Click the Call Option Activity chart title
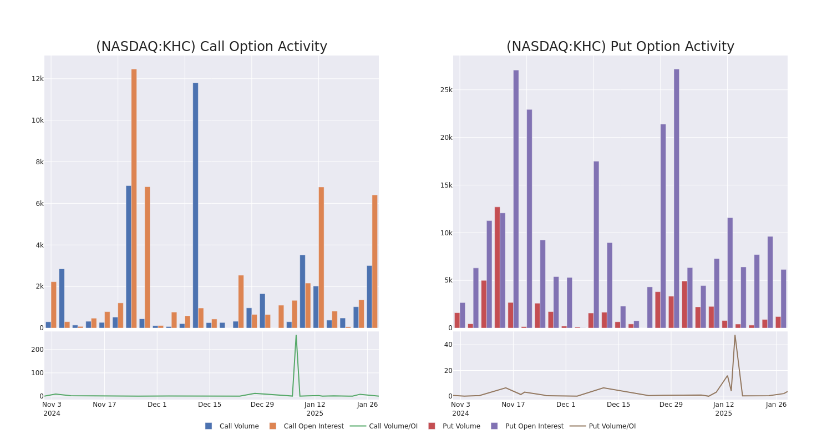click(x=211, y=47)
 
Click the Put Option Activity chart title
click(x=620, y=47)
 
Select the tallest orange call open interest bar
click(x=134, y=198)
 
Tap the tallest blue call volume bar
click(x=195, y=205)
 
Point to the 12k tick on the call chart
click(x=37, y=79)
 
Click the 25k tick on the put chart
click(x=446, y=90)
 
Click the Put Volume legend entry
click(x=461, y=426)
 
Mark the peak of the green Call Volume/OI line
click(x=296, y=335)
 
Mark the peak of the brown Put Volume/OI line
click(x=735, y=335)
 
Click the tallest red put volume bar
click(x=497, y=267)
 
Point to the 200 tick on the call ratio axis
click(x=37, y=350)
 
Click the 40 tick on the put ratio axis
click(x=448, y=345)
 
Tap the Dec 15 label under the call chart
click(x=210, y=405)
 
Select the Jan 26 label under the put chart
click(x=776, y=405)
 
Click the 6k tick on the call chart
click(x=39, y=204)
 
